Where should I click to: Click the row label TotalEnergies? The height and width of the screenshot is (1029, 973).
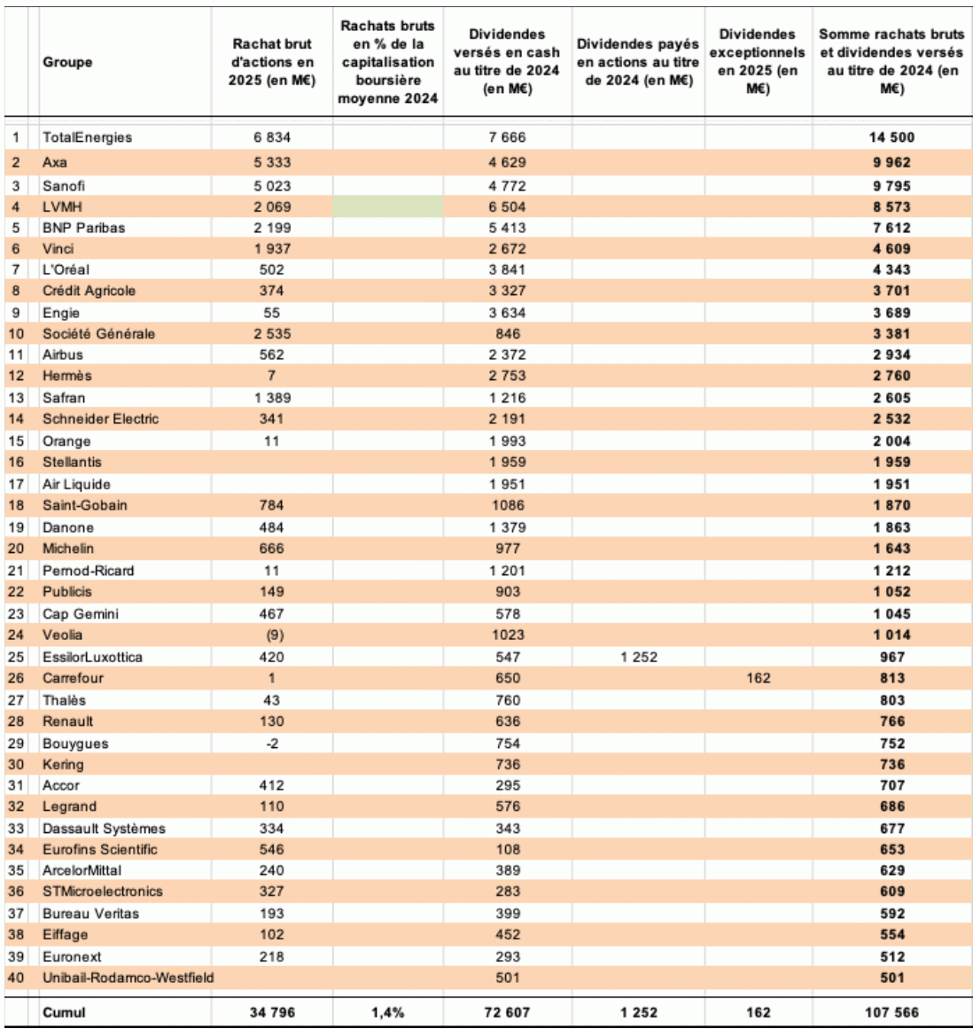coord(87,137)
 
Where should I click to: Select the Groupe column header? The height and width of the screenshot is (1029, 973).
coord(67,62)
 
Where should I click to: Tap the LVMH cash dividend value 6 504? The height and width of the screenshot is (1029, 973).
coord(507,207)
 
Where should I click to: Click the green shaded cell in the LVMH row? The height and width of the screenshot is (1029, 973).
coord(387,207)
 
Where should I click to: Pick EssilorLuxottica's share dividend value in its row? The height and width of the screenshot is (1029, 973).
coord(638,657)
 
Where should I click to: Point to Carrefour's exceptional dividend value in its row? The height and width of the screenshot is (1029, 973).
coord(758,678)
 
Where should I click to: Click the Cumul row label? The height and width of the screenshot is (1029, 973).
coord(64,1011)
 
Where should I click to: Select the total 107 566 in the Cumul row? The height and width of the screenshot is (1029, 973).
coord(891,1011)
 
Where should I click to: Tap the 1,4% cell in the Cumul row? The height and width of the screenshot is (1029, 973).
coord(387,1011)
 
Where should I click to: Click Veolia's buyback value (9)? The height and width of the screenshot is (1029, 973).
coord(272,635)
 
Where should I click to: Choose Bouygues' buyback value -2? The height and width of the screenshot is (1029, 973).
coord(272,744)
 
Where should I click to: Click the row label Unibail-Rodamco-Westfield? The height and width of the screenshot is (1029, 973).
coord(128,978)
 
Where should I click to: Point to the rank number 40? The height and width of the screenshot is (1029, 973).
coord(17,978)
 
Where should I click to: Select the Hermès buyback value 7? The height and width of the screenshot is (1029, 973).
coord(272,376)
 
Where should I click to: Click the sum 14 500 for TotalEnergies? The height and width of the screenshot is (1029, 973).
coord(891,137)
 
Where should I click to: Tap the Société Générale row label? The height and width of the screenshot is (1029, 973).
coord(98,334)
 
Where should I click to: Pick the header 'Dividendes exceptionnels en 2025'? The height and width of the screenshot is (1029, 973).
coord(758,62)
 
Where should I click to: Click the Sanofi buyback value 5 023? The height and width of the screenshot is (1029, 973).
coord(272,186)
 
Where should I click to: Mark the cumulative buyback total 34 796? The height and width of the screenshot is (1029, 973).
coord(272,1011)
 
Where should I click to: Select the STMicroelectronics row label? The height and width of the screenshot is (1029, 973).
coord(103,892)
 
